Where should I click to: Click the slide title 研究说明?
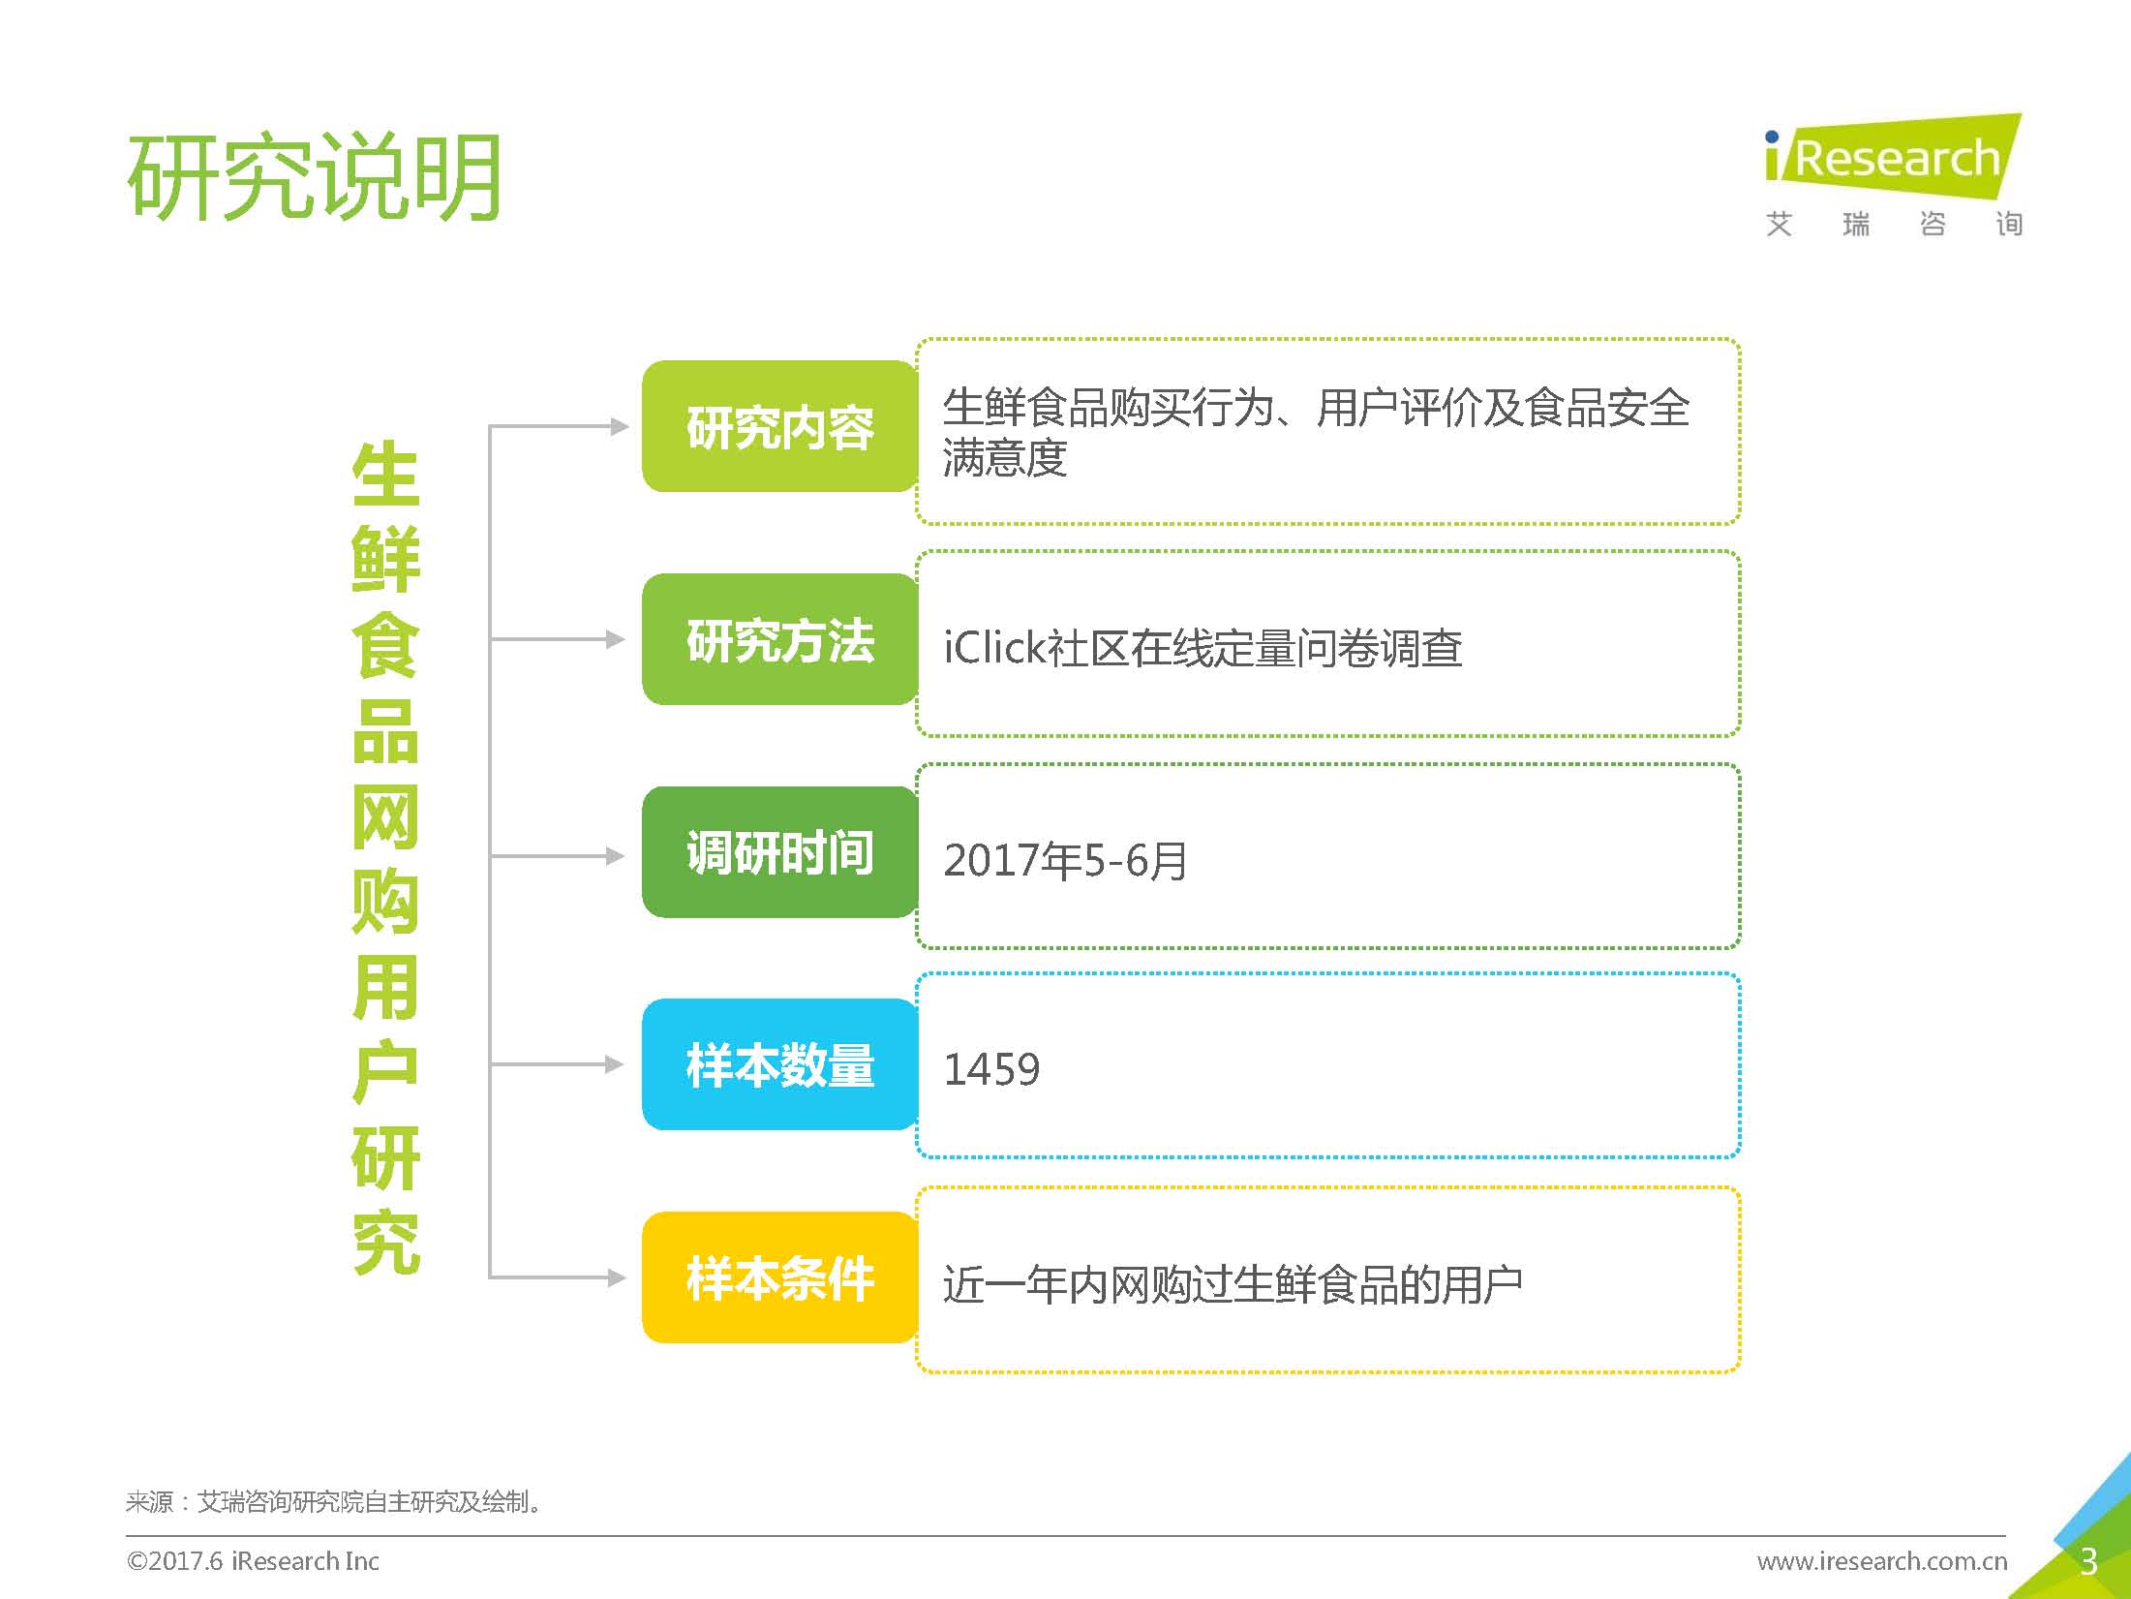[315, 177]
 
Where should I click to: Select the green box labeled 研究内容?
[780, 426]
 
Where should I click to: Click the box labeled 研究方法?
[780, 639]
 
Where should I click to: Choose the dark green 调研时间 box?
[780, 852]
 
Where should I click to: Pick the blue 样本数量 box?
[780, 1064]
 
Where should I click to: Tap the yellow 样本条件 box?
[780, 1277]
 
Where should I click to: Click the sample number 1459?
[991, 1069]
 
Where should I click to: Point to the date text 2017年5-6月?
[1065, 860]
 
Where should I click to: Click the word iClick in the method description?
[994, 647]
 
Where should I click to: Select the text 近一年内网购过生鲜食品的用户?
[1233, 1285]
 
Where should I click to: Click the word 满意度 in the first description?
[1005, 457]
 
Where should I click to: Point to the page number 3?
[2088, 1561]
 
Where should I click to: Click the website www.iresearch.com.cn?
[1882, 1561]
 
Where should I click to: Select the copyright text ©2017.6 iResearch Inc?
[253, 1561]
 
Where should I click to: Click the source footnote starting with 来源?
[335, 1502]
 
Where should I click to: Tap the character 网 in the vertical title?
[385, 815]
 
